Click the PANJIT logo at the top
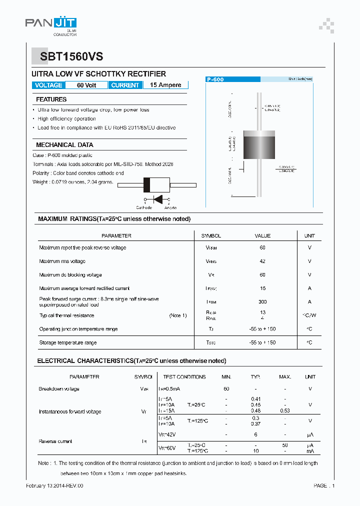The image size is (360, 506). [51, 24]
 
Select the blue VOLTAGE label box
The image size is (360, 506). [48, 85]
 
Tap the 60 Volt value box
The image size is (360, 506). [86, 85]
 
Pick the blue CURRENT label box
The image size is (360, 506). [125, 85]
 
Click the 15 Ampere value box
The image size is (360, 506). [165, 85]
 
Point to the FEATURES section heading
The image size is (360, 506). [51, 99]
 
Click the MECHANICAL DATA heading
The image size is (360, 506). [64, 145]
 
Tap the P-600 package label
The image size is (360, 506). [215, 79]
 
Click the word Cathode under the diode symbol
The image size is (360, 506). [144, 207]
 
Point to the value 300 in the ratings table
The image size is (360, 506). [262, 302]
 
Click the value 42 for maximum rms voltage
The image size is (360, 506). [262, 261]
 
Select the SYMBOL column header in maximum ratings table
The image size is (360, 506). [211, 236]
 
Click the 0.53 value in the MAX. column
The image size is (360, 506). [285, 411]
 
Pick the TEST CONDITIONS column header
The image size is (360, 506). [184, 377]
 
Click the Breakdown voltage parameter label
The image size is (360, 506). [59, 389]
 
